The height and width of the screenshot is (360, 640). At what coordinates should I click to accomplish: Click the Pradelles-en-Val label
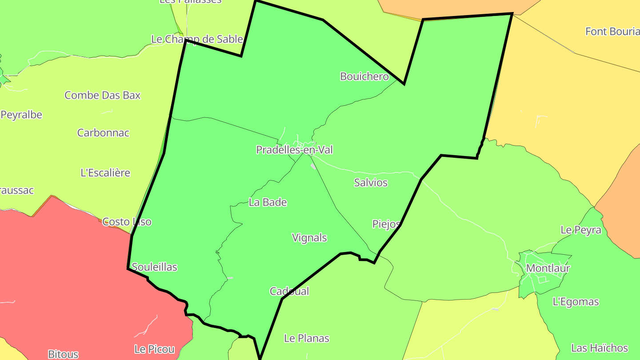[294, 150]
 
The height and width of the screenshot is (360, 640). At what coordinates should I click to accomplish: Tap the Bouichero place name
[364, 76]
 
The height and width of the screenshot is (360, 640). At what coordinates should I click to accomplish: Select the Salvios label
[371, 182]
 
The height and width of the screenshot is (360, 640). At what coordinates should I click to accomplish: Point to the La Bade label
[268, 202]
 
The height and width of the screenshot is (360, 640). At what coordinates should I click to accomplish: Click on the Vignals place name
[309, 238]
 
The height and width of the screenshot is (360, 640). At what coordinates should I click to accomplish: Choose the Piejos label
[386, 224]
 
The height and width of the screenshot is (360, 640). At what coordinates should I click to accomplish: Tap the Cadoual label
[289, 291]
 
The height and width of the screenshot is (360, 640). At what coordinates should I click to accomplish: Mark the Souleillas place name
[155, 267]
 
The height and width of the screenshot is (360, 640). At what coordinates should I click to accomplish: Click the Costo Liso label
[127, 221]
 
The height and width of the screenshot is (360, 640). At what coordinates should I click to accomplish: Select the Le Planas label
[307, 338]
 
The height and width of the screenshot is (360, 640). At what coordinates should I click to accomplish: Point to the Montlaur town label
[548, 268]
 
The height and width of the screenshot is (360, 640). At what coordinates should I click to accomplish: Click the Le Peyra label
[580, 230]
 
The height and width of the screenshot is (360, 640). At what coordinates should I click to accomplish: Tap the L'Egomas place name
[576, 302]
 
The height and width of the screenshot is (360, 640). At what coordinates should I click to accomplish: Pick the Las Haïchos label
[599, 348]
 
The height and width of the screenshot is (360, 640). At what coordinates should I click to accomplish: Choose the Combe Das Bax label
[102, 95]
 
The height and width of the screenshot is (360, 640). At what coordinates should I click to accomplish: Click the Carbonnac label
[103, 132]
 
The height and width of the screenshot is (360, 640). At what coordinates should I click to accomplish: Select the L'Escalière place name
[105, 172]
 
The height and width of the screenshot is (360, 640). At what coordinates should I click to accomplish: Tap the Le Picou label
[154, 349]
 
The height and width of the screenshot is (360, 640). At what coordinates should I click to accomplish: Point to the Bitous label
[63, 354]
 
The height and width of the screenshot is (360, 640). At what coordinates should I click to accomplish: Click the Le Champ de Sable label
[197, 39]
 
